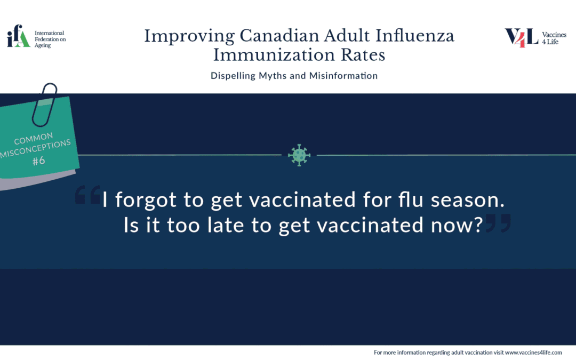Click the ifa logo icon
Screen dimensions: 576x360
18,36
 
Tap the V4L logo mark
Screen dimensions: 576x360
521,38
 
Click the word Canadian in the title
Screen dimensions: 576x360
279,36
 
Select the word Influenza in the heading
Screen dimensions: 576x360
415,36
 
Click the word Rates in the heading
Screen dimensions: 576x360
363,55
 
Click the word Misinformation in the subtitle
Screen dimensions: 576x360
343,76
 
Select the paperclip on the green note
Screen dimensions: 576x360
44,105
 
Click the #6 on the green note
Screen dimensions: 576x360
38,161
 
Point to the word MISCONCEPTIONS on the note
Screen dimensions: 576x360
36,149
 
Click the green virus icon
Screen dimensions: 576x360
299,155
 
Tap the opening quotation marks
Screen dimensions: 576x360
88,195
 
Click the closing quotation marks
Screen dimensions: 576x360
498,223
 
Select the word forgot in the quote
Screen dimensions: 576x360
146,200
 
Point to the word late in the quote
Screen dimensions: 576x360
226,225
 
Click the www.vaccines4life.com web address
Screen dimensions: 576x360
533,353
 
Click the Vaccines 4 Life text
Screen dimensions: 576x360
554,38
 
